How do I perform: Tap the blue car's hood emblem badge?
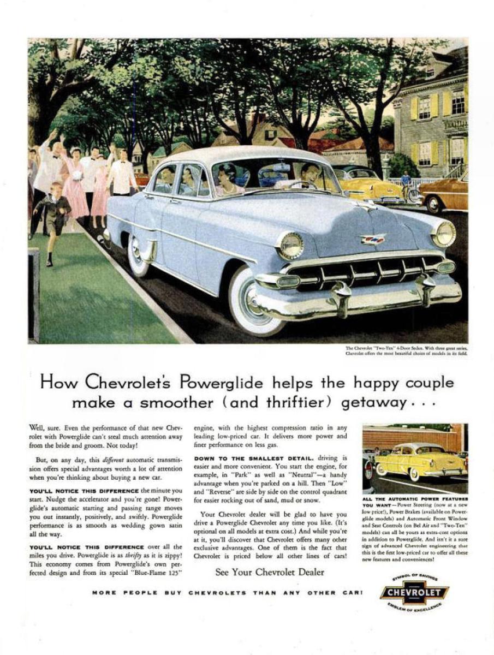pyautogui.click(x=373, y=239)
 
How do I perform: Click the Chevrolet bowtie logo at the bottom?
pyautogui.click(x=414, y=592)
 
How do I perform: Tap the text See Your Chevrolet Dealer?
pyautogui.click(x=270, y=572)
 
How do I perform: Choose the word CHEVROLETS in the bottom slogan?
pyautogui.click(x=217, y=593)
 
